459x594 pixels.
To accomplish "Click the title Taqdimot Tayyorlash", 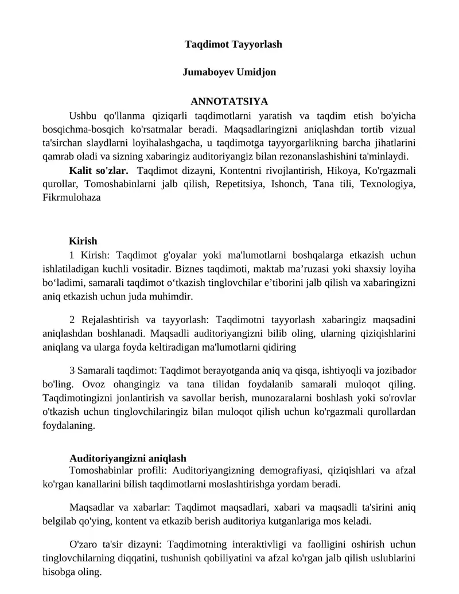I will coord(233,44).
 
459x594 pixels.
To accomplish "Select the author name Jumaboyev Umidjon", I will coord(229,72).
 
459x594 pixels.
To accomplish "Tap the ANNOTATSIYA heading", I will coord(229,102).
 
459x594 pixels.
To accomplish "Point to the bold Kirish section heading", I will coord(83,241).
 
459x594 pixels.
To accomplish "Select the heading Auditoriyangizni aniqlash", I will coord(128,459).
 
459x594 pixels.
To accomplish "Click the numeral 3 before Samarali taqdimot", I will coord(72,370).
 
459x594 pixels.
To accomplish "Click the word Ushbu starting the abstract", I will coord(83,115).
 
